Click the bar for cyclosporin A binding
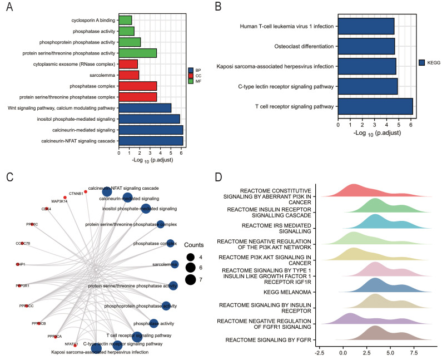[125, 20]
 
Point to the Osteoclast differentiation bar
[366, 46]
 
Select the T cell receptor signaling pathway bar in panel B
[375, 106]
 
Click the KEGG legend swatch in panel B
[422, 63]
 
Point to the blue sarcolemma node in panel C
[175, 264]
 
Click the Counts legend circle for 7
[190, 279]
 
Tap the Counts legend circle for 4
[190, 257]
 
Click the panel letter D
[217, 177]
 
